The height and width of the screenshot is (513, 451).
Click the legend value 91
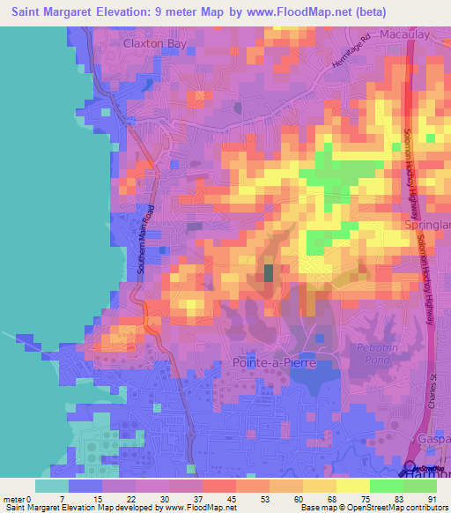click(431, 499)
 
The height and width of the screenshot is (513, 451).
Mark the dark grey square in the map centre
click(269, 273)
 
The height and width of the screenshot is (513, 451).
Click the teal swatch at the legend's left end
click(51, 486)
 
